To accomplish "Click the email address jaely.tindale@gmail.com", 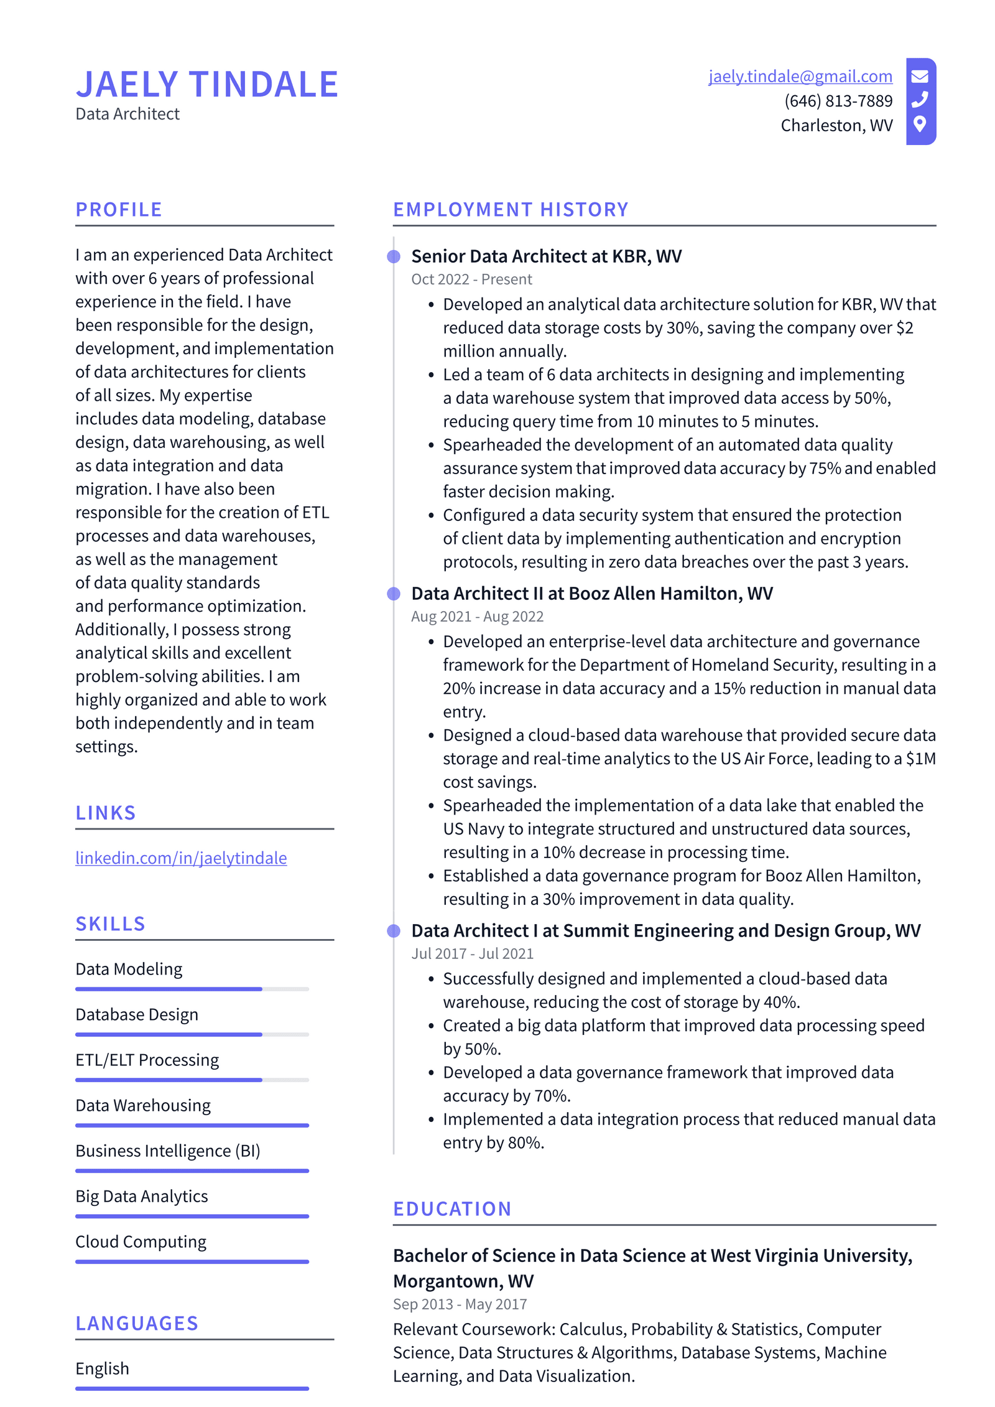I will click(800, 76).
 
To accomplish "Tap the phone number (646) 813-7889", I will click(838, 101).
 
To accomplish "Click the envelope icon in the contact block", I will click(920, 77).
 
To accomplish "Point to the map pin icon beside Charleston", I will click(920, 124).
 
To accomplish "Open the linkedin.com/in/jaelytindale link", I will click(181, 858).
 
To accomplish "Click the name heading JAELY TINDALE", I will click(207, 85).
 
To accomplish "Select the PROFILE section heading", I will click(119, 210).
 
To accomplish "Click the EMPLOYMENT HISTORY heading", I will click(511, 210).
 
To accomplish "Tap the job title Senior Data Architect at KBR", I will click(546, 256).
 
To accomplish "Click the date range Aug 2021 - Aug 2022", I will click(477, 616).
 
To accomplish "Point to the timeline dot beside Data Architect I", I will click(394, 931).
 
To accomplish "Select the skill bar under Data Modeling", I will click(192, 989).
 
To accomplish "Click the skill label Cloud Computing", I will click(141, 1241).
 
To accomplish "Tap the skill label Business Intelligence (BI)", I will click(168, 1151).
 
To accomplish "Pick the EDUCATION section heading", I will click(452, 1209).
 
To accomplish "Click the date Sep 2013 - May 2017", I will click(460, 1304).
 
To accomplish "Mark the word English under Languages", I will click(103, 1368).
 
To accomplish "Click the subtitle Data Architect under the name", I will click(127, 114).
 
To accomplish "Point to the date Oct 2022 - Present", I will click(471, 279).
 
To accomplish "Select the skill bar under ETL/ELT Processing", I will click(192, 1080).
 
